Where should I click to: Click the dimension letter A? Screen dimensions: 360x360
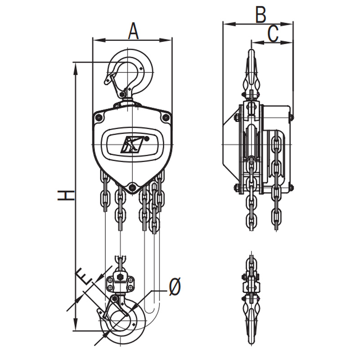tap(133, 31)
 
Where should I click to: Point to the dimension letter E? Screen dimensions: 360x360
tap(83, 276)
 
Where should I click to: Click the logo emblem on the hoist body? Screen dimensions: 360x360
tap(133, 144)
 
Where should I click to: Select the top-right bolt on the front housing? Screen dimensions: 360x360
tap(166, 118)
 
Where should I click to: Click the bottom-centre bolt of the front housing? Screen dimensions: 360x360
tap(132, 187)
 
